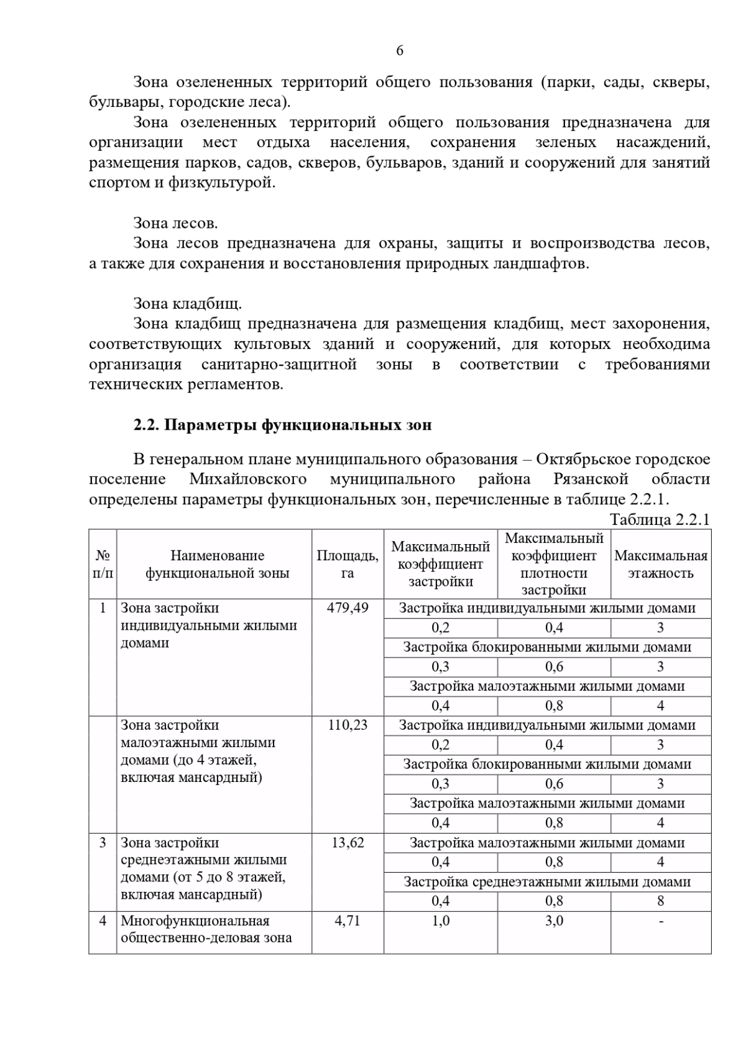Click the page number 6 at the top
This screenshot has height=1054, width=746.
(400, 51)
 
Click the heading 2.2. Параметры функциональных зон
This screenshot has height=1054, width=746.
(282, 425)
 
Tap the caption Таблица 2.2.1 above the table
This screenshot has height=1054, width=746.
(660, 519)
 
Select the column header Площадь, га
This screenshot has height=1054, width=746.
(348, 564)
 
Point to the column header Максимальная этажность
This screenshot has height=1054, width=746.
(660, 564)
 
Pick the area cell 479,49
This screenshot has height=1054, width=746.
(348, 608)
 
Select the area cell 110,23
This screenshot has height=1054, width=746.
(348, 725)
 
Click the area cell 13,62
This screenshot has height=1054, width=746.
(348, 843)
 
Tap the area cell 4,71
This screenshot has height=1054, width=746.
(348, 921)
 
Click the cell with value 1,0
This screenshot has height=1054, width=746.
(441, 921)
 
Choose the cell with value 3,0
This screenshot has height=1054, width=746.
(554, 921)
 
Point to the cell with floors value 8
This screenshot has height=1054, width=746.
(660, 901)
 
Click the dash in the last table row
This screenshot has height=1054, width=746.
(660, 921)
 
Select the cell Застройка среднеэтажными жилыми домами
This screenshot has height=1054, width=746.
(547, 882)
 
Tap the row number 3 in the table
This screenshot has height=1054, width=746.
(103, 843)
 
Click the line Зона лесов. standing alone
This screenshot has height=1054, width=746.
(175, 223)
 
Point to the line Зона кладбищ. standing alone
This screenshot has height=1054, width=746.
(187, 304)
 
